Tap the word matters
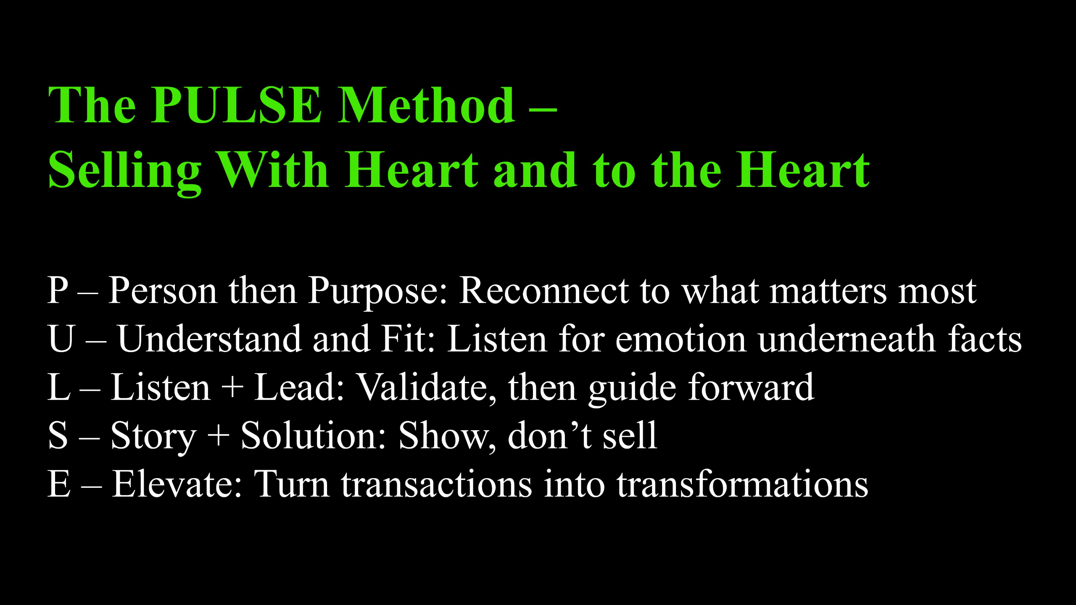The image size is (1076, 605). coord(828,291)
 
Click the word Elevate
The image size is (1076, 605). coord(177,484)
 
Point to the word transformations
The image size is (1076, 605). coord(743,484)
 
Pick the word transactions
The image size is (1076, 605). coord(436,484)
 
